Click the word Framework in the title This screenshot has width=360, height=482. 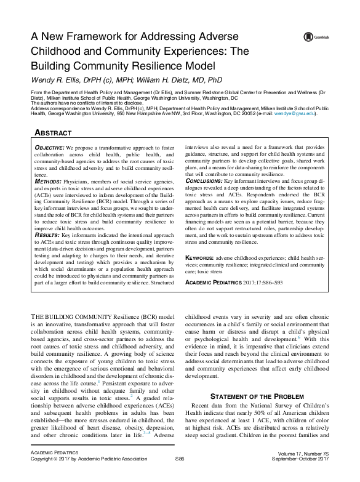point(94,36)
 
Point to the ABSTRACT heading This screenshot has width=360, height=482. point(52,133)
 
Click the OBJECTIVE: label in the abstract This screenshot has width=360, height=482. point(48,148)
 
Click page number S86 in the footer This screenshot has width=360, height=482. point(180,476)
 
